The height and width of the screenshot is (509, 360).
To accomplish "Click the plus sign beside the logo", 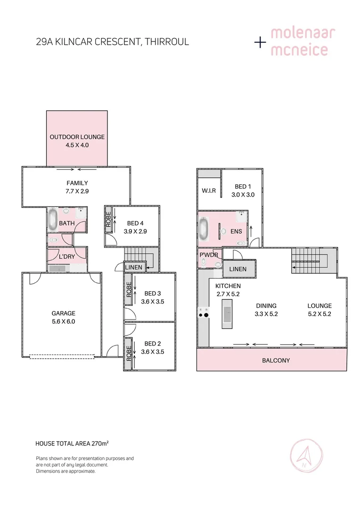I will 260,42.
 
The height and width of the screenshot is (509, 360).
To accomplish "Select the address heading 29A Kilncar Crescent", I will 112,41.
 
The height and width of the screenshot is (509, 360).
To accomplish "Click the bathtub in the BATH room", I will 53,220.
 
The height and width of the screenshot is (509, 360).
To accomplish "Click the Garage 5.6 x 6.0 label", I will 63,317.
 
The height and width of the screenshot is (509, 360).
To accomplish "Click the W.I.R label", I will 209,191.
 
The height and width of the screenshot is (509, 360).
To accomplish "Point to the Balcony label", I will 276,361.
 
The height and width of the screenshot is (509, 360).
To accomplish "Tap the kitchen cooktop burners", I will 204,312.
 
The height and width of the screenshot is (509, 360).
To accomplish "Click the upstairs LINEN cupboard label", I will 237,269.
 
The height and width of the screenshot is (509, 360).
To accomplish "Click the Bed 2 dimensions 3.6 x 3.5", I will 152,352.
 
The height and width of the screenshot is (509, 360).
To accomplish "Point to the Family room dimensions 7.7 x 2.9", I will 77,191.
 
